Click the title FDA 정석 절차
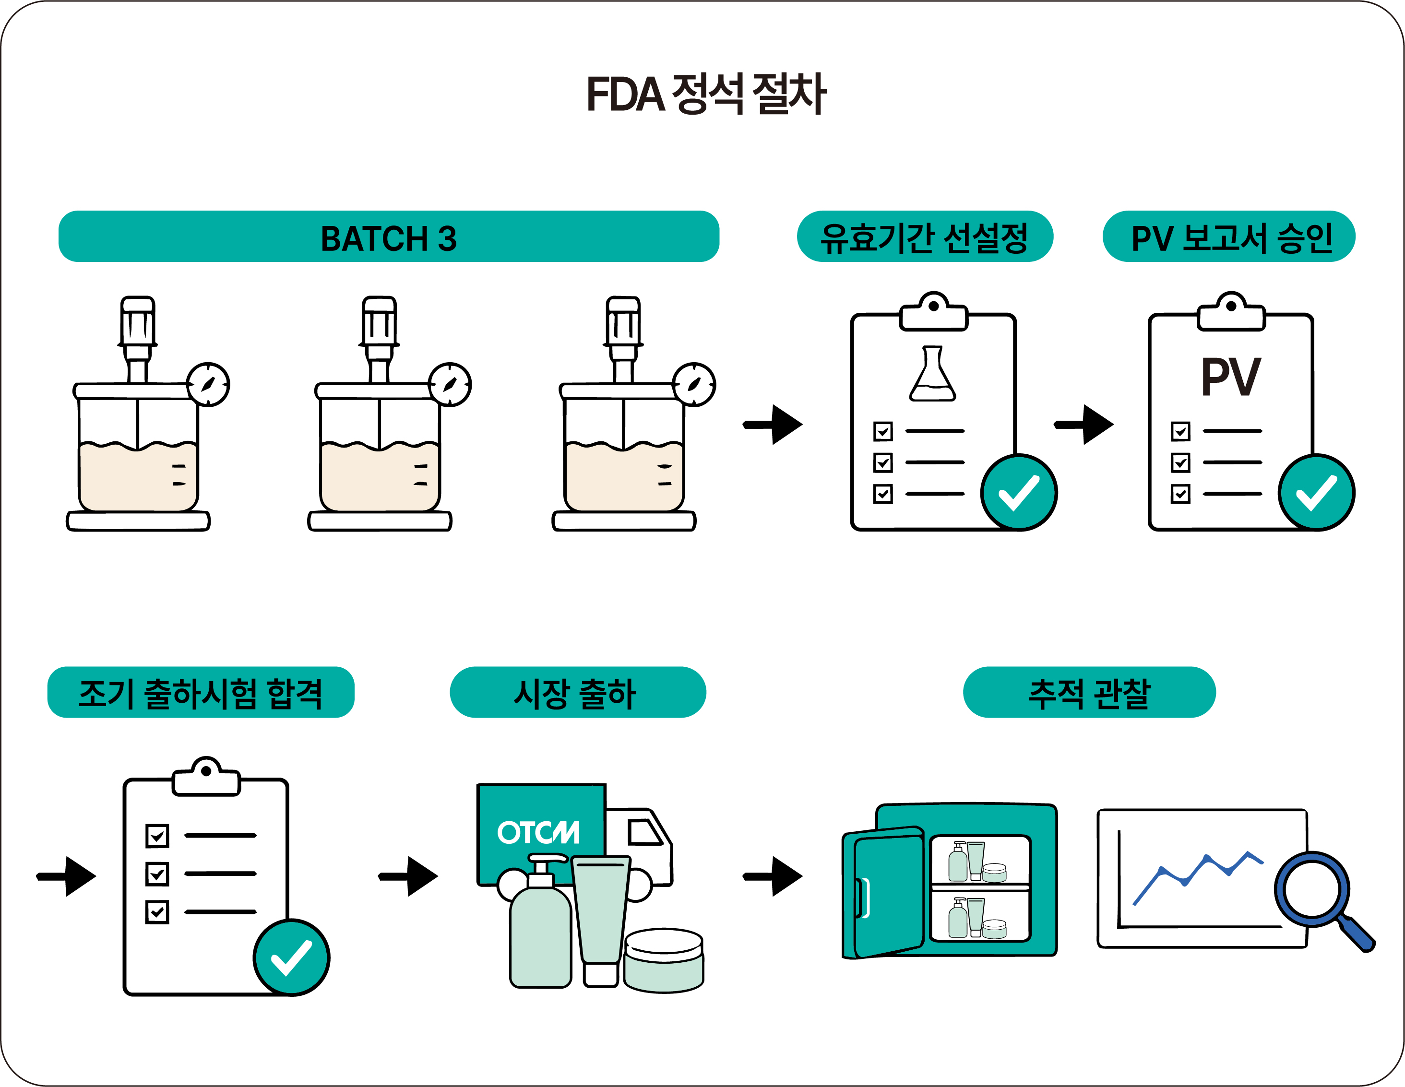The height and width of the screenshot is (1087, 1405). pyautogui.click(x=706, y=94)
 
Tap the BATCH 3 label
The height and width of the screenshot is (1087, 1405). pyautogui.click(x=389, y=238)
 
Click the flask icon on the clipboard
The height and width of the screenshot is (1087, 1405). pyautogui.click(x=932, y=374)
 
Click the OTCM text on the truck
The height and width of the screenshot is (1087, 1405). pyautogui.click(x=538, y=832)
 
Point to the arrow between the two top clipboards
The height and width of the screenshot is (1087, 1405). pyautogui.click(x=1084, y=425)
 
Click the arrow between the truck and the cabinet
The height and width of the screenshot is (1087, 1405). pyautogui.click(x=773, y=876)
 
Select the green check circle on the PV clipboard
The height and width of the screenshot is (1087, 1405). pyautogui.click(x=1316, y=493)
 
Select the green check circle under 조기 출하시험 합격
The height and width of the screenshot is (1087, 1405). pyautogui.click(x=291, y=957)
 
